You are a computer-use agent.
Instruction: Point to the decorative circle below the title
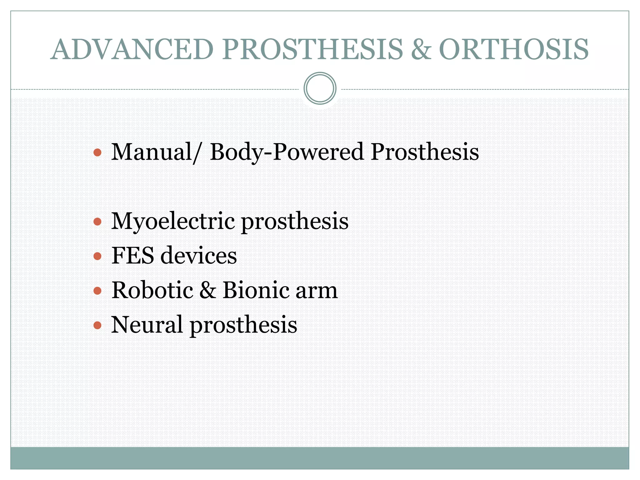click(320, 88)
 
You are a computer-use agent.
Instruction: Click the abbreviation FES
click(132, 256)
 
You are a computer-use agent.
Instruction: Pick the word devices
click(199, 256)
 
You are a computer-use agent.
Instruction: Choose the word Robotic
click(152, 290)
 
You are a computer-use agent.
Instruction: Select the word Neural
click(147, 325)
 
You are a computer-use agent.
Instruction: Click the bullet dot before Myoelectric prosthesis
click(97, 222)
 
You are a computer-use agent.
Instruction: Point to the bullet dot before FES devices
click(97, 256)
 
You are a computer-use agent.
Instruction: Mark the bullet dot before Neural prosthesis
click(97, 325)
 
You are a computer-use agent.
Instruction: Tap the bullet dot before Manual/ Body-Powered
click(97, 152)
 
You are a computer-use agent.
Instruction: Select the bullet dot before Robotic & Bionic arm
click(97, 291)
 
